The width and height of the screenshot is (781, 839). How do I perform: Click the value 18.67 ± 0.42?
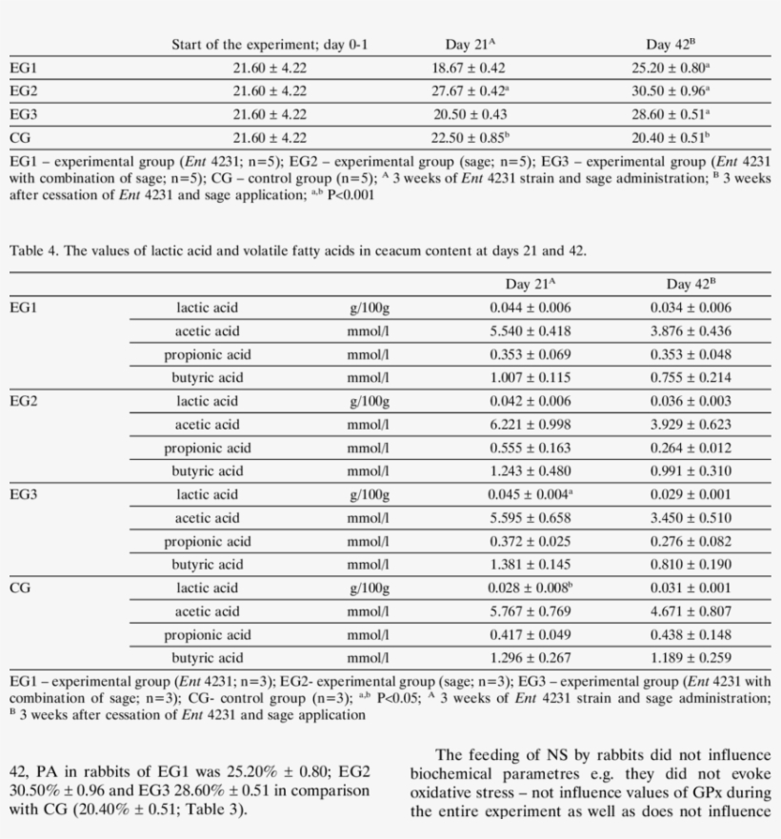click(469, 68)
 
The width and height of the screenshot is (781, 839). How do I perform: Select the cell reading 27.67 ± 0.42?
click(469, 91)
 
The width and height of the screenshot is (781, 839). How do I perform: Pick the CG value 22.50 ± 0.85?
click(469, 138)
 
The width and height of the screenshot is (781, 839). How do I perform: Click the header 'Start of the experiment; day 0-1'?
click(269, 44)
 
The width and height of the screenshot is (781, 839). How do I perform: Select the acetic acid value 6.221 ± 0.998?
click(531, 425)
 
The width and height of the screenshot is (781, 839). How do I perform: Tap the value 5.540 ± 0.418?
click(531, 331)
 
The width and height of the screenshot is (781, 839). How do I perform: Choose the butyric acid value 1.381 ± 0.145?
click(531, 565)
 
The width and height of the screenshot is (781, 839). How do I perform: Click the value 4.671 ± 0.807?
click(691, 611)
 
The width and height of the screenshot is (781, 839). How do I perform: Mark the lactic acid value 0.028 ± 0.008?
click(531, 589)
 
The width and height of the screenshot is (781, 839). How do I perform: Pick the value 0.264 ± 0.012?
click(691, 449)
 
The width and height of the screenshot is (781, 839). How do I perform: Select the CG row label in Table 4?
click(20, 589)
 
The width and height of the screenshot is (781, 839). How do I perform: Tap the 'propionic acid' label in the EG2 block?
click(207, 449)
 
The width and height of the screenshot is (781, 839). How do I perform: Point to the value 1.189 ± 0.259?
click(691, 658)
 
